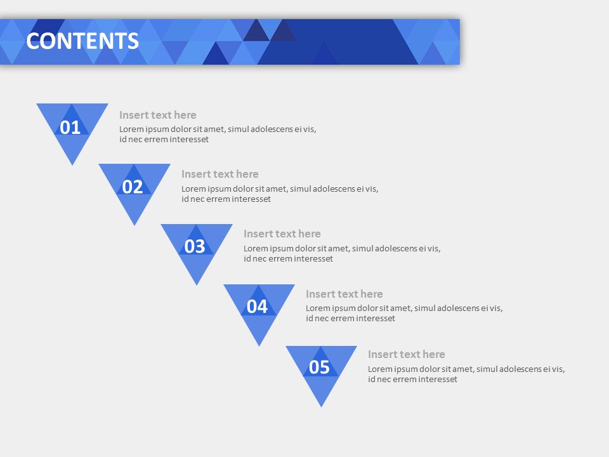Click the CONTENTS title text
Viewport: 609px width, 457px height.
[82, 41]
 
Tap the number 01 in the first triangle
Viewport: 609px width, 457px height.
[70, 128]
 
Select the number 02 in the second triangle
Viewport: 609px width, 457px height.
[133, 187]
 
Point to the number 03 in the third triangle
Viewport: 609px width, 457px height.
[195, 246]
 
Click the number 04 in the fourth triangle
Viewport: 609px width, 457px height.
[257, 307]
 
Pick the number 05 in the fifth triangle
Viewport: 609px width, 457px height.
[319, 367]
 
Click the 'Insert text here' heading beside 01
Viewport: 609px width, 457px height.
[158, 115]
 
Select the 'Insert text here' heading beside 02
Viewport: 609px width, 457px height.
[220, 174]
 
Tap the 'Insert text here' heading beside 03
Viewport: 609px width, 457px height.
[282, 234]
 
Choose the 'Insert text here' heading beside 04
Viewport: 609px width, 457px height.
[344, 294]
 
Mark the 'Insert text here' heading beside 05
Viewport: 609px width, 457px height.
[407, 354]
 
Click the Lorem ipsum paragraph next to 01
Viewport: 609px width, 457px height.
[218, 134]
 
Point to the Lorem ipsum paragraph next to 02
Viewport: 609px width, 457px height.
[280, 194]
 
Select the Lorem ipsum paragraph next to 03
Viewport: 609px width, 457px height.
[342, 253]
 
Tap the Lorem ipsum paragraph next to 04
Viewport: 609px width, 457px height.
[404, 313]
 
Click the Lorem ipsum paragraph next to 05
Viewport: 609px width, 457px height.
[466, 374]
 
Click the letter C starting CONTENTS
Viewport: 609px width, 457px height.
[33, 41]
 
